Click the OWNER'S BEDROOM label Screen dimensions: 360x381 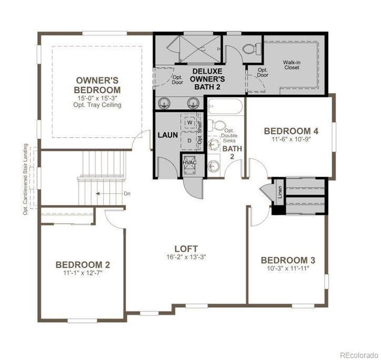click(98, 85)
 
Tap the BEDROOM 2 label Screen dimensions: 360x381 click(83, 265)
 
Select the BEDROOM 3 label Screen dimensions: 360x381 click(287, 260)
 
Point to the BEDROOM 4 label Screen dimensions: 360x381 click(291, 131)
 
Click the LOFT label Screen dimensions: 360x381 click(186, 248)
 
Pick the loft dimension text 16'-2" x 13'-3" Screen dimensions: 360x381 click(186, 258)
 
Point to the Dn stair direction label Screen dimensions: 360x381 click(127, 194)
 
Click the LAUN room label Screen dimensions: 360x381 click(167, 135)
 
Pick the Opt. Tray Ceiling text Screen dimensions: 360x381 click(98, 105)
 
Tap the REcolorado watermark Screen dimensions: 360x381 click(356, 354)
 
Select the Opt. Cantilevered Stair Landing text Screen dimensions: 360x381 click(26, 178)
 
